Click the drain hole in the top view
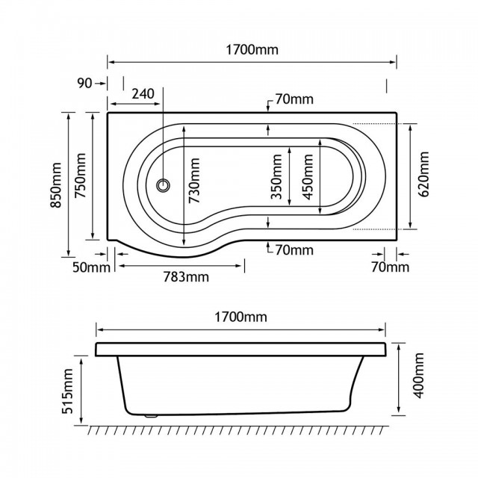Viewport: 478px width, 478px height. coord(163,185)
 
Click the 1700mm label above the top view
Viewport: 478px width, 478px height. coord(252,50)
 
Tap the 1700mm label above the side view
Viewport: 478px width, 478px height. coord(240,317)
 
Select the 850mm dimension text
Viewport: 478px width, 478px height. coord(56,185)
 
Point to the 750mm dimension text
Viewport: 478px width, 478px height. coord(81,176)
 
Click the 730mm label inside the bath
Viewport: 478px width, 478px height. coord(194,181)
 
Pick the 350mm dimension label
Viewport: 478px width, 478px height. coord(276,176)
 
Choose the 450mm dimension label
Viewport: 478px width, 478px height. coord(308,177)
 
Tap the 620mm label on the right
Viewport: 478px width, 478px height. coord(423,174)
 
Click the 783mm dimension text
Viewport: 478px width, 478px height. coord(186,277)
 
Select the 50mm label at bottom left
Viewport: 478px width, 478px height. coord(91,267)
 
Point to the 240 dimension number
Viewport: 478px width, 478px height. coord(143,93)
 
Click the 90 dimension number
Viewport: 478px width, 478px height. coord(84,83)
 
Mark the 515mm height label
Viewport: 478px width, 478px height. coord(68,391)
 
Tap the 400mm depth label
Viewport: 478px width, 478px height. coord(418,375)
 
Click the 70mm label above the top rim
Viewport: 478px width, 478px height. coord(294,99)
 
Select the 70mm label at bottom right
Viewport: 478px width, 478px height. coord(390,267)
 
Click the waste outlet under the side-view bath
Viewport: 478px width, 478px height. coord(150,415)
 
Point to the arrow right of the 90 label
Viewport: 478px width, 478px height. coord(99,83)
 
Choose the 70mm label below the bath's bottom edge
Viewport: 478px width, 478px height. coord(294,250)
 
